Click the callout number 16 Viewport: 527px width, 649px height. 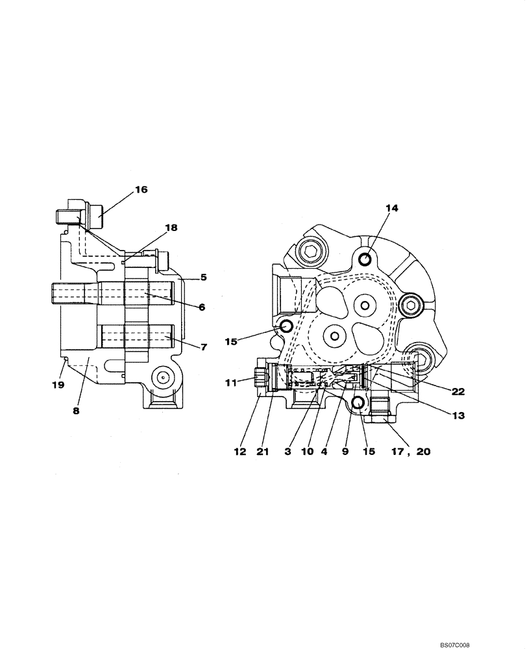tap(141, 190)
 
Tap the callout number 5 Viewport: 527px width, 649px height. tap(203, 277)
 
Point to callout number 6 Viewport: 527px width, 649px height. tap(202, 307)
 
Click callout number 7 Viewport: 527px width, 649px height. tap(203, 347)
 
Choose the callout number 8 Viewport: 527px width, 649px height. tap(76, 411)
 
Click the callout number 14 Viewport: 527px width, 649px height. tap(391, 208)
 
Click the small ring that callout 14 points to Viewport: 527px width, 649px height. tap(365, 260)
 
